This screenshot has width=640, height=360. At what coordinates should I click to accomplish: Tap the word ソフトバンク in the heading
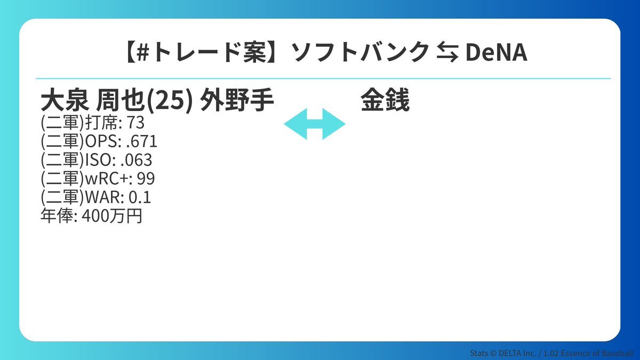[361, 52]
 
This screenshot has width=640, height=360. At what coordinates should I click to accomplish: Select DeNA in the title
[497, 53]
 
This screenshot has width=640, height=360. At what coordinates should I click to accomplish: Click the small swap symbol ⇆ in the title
[447, 53]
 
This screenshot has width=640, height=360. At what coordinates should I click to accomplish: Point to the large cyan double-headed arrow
[315, 124]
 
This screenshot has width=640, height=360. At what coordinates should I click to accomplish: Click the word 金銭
[385, 100]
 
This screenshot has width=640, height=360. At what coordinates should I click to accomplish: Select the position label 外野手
[237, 101]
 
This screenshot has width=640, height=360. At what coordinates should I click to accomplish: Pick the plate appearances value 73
[135, 123]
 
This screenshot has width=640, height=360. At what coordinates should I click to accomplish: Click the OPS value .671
[141, 141]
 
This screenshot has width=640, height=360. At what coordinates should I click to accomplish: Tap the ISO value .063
[136, 160]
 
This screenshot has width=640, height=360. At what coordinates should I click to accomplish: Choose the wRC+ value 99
[146, 179]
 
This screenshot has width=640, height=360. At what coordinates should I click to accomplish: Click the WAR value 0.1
[140, 197]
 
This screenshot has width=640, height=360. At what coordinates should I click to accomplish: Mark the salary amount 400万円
[112, 216]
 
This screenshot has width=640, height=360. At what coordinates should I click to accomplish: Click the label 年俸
[57, 216]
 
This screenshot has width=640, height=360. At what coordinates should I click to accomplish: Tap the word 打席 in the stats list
[101, 123]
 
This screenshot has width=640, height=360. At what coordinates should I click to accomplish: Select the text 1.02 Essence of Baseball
[588, 353]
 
